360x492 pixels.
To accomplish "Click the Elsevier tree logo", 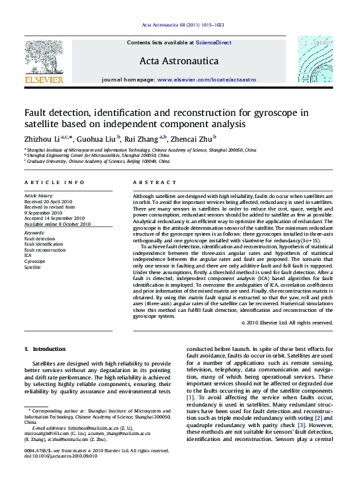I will tap(44, 56).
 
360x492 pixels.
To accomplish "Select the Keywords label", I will tap(34, 233).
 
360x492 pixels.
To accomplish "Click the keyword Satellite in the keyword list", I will tap(33, 268).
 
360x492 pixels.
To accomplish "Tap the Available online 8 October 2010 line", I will tap(58, 224).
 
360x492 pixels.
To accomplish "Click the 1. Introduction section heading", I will tap(44, 349).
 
